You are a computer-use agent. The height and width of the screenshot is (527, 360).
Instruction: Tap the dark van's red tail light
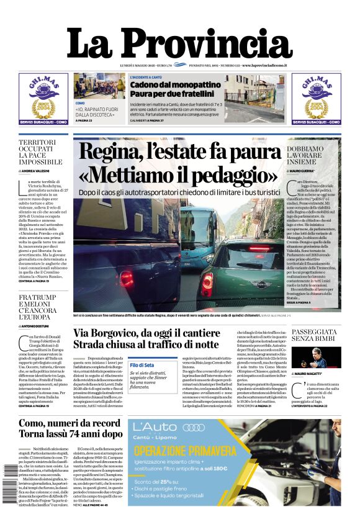[126, 279]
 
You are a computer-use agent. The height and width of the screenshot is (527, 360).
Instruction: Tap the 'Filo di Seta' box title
[142, 365]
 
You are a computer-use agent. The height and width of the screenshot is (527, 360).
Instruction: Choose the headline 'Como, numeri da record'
[70, 424]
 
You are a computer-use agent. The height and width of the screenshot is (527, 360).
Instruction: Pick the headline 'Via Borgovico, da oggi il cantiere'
[148, 333]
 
